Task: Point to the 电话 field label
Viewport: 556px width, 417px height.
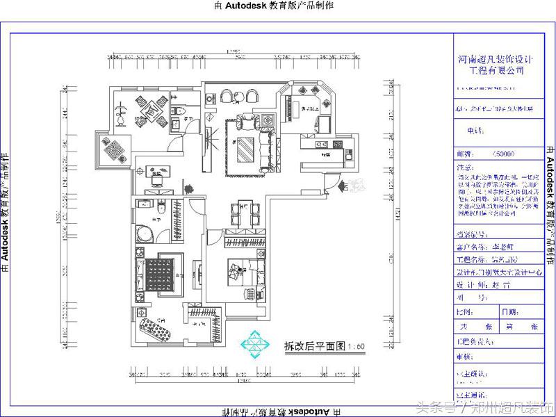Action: click(x=474, y=131)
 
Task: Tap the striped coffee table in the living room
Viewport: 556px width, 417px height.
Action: click(x=245, y=148)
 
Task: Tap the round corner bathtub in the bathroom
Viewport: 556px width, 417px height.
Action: click(x=147, y=232)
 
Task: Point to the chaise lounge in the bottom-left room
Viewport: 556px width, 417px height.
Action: click(x=154, y=326)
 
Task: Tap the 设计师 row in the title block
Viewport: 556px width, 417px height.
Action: click(x=487, y=284)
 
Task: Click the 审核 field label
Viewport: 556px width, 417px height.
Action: click(x=464, y=356)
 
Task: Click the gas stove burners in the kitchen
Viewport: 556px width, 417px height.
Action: click(x=321, y=145)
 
